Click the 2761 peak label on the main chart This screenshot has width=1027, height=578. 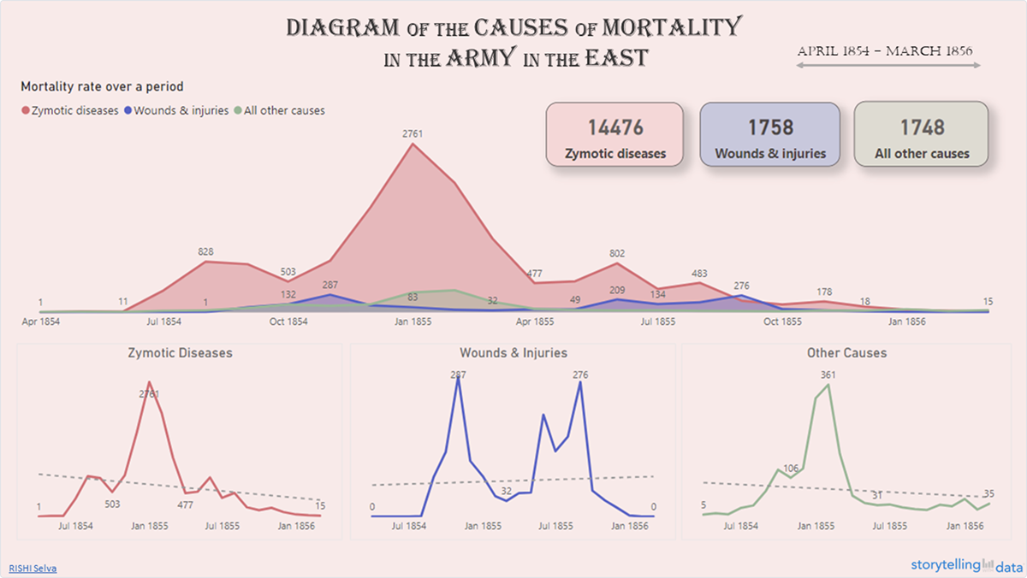click(413, 133)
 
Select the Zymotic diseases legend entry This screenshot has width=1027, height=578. click(70, 110)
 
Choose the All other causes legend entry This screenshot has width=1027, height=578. click(278, 110)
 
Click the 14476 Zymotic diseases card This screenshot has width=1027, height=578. click(614, 134)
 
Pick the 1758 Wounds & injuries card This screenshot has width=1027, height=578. click(769, 134)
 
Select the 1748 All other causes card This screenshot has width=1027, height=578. click(922, 134)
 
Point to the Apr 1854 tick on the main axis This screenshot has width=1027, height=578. click(39, 322)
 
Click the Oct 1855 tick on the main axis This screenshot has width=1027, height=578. click(782, 322)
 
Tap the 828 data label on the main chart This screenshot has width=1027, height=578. click(205, 251)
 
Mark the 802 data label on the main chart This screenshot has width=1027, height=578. click(617, 253)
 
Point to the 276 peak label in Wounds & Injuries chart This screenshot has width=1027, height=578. click(580, 375)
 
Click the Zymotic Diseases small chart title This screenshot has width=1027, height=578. click(180, 352)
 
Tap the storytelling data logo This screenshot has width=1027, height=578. click(964, 565)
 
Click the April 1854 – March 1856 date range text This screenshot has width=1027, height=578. click(885, 51)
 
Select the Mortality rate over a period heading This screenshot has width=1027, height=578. click(102, 86)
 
